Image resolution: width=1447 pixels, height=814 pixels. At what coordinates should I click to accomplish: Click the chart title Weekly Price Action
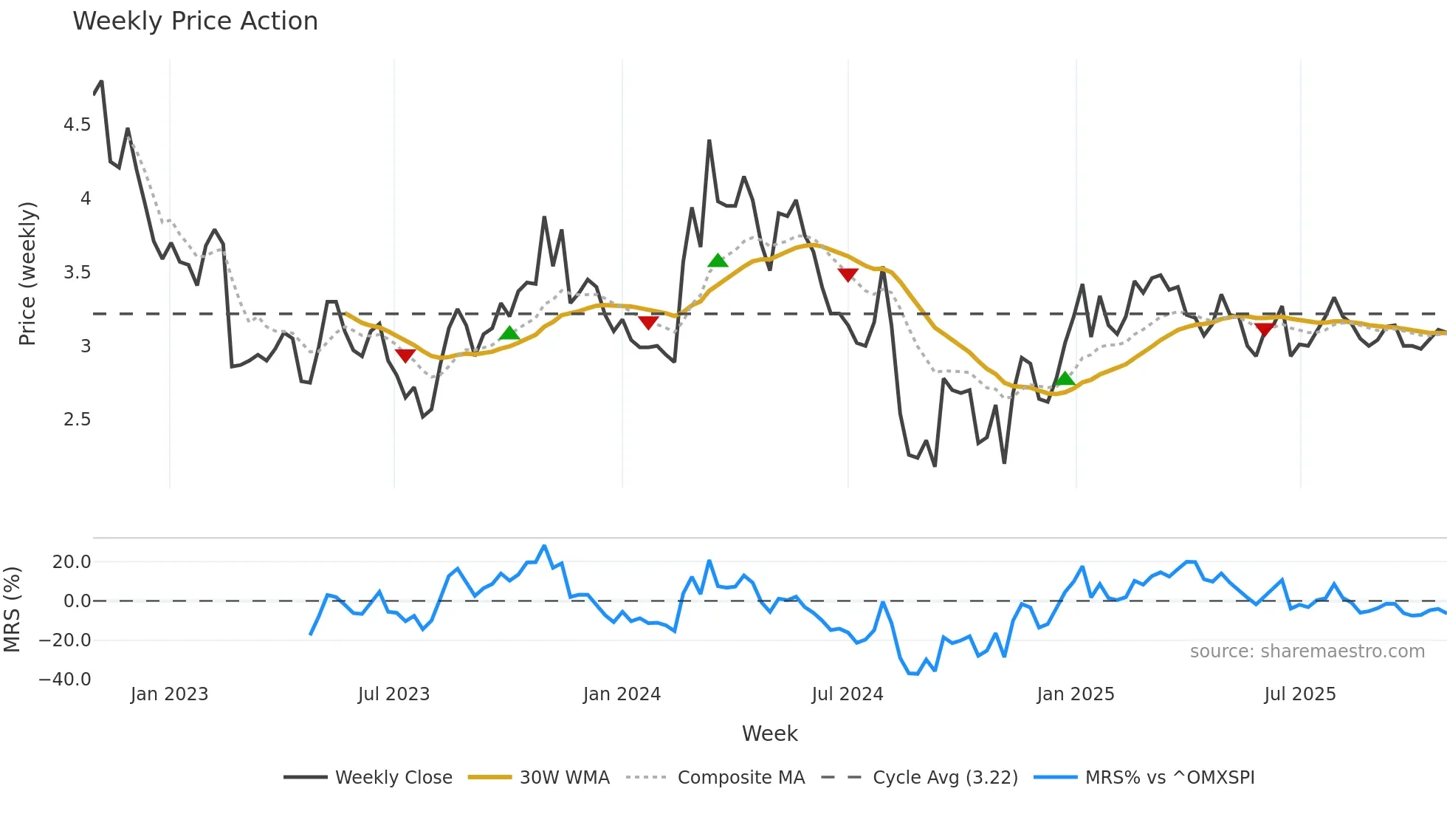pos(195,21)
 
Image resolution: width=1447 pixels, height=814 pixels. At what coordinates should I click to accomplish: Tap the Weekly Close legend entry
pos(393,778)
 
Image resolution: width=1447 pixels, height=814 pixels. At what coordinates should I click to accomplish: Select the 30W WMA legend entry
pos(564,778)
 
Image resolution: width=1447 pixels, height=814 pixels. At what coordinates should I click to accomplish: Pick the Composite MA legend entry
pos(740,778)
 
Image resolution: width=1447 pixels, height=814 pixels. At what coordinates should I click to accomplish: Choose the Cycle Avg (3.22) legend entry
pos(945,778)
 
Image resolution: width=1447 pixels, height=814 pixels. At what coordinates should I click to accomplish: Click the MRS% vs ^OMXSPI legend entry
pos(1169,778)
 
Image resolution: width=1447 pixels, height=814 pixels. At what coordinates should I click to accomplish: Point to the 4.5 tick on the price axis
pos(78,125)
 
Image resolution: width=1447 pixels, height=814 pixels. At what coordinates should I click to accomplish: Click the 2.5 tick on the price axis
pos(78,420)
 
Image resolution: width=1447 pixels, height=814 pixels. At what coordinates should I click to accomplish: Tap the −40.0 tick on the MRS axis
pos(65,680)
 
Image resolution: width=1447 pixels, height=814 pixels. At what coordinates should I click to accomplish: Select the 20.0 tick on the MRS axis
pos(72,562)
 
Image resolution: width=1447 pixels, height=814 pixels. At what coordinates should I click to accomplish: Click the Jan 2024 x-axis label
pos(622,694)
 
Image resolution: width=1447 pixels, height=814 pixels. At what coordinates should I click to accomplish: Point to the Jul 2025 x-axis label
pos(1300,694)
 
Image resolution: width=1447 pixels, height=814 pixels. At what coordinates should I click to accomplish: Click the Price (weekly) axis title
pos(27,273)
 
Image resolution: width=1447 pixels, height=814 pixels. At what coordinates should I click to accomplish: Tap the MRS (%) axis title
pos(12,609)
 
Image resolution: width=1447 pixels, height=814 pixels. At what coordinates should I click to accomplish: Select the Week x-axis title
pos(769,733)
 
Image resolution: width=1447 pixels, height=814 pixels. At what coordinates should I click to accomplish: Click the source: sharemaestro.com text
pos(1307,651)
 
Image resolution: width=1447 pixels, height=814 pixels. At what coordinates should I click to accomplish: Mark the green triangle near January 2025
pos(1065,379)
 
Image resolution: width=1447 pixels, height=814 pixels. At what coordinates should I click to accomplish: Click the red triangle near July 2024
pos(848,276)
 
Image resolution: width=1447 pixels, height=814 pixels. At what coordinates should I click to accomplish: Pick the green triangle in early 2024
pos(718,260)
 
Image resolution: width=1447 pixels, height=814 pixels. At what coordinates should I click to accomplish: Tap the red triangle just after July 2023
pos(405,355)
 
